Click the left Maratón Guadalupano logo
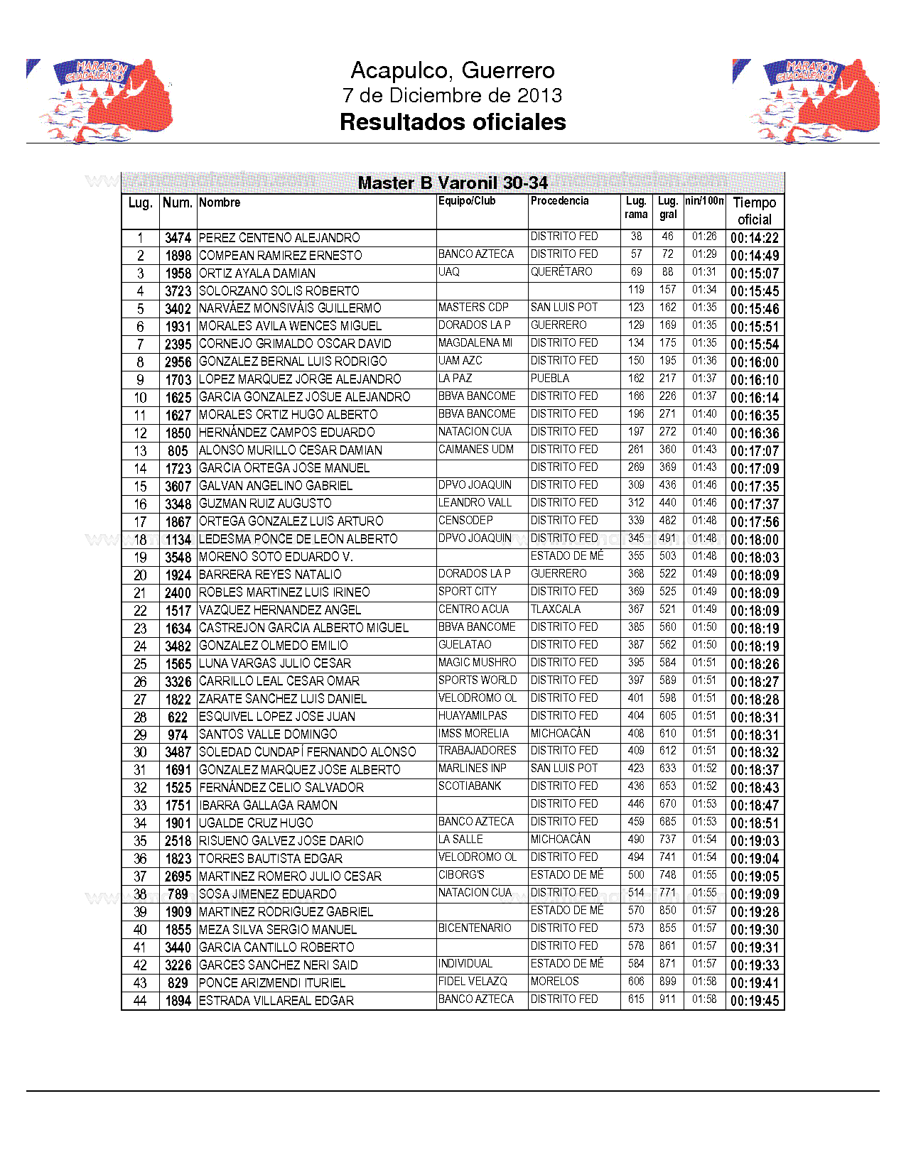(100, 101)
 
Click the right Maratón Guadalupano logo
(807, 101)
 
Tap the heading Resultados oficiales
(453, 122)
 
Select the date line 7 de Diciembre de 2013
(452, 95)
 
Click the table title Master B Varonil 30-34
(453, 183)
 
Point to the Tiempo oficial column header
(754, 211)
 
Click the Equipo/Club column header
(467, 201)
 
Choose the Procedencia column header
(560, 201)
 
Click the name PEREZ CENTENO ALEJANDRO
(279, 238)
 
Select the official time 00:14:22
(755, 238)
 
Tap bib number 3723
(178, 291)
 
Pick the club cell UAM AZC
(460, 361)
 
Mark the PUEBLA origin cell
(550, 379)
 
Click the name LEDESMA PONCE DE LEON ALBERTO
(298, 539)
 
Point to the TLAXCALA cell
(556, 609)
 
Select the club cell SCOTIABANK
(470, 786)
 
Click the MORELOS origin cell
(555, 982)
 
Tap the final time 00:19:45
(755, 1001)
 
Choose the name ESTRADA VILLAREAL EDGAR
(276, 1001)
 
